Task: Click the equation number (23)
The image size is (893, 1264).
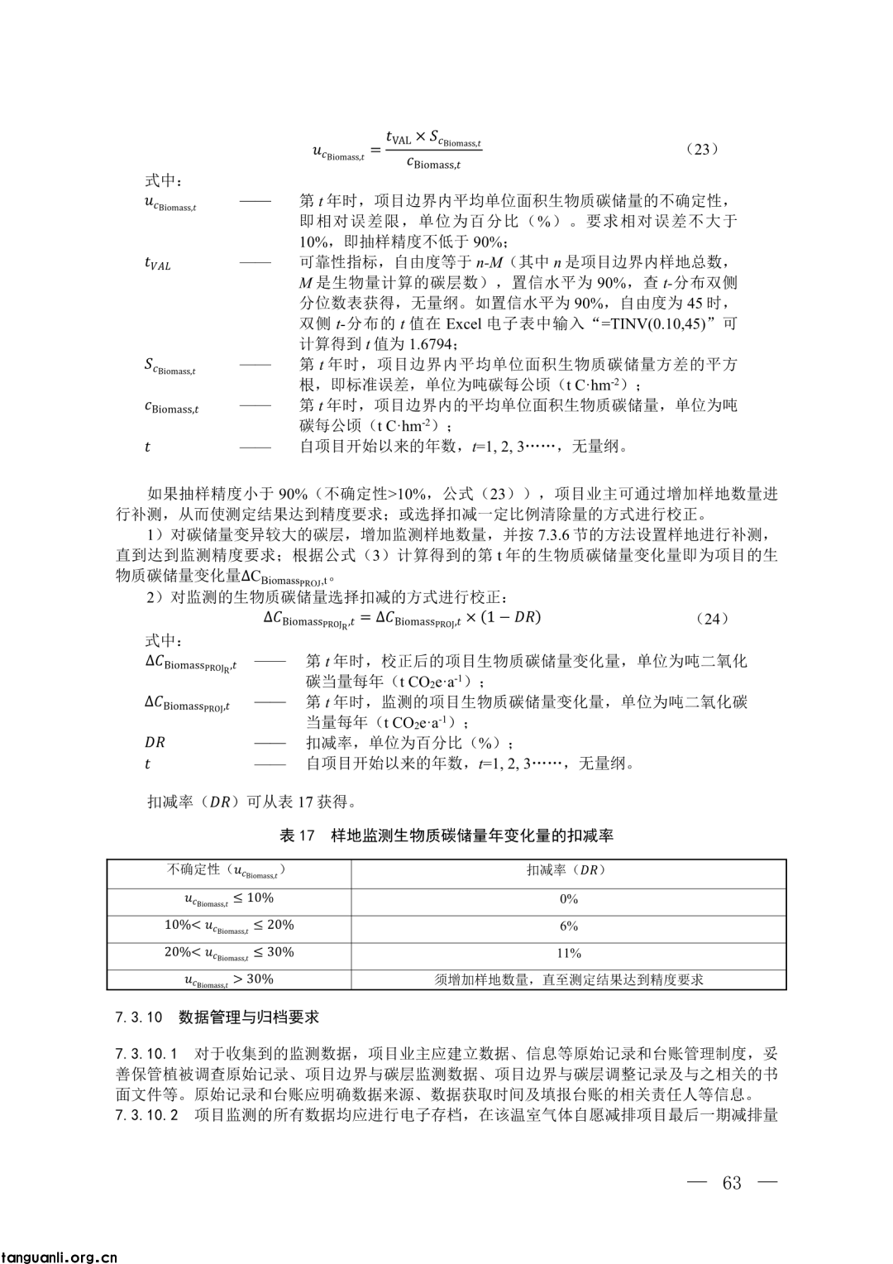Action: click(x=702, y=149)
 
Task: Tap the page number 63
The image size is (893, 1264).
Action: click(x=732, y=1183)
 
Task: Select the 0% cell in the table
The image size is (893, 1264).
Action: click(x=569, y=899)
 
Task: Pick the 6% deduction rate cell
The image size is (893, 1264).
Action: click(x=569, y=926)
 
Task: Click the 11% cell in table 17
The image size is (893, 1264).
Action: click(x=569, y=953)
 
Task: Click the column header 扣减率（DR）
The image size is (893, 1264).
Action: click(x=569, y=870)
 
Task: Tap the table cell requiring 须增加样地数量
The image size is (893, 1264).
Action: click(x=569, y=979)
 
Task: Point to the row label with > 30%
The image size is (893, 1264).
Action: click(x=229, y=979)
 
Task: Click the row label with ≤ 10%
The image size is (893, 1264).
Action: click(x=229, y=899)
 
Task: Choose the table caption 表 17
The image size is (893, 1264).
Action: click(x=446, y=835)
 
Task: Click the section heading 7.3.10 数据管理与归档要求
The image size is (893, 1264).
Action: click(x=217, y=1017)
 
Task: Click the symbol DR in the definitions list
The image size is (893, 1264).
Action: click(x=155, y=743)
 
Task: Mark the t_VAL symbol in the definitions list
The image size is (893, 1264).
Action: click(x=157, y=264)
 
